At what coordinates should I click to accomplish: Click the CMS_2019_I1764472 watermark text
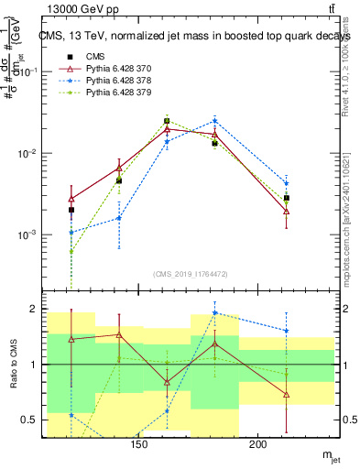191,273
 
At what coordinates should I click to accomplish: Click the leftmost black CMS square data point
71,210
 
